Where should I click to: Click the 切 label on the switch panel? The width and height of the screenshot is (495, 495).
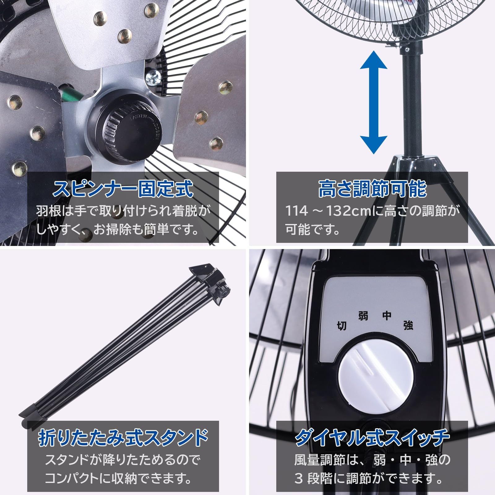(x=341, y=326)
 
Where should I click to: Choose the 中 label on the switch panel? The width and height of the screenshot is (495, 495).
(x=387, y=316)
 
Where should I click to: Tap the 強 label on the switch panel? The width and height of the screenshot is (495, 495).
(x=408, y=325)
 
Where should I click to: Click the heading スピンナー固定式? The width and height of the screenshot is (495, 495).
(x=123, y=189)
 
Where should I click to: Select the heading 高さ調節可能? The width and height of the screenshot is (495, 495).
(x=372, y=189)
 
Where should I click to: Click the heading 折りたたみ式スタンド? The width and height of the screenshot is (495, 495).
(x=123, y=437)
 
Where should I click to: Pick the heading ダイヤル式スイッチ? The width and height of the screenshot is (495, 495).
(x=372, y=437)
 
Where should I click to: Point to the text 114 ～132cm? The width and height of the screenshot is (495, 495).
(x=328, y=211)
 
